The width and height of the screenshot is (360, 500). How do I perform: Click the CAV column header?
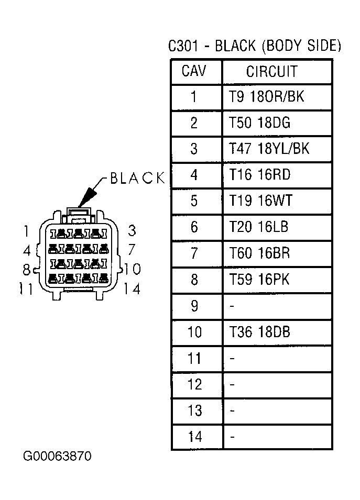coord(194,71)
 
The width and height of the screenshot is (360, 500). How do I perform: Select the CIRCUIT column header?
coord(271,71)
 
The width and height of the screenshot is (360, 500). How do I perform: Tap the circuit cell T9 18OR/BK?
coord(267,97)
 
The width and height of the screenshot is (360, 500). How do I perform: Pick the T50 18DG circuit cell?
coord(259,123)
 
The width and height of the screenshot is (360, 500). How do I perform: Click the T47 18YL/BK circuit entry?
coord(269,149)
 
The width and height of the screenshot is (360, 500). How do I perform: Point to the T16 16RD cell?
coord(260,175)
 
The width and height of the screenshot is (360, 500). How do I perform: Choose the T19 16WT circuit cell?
coord(260,201)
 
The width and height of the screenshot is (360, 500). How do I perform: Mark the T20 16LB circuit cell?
coord(258,227)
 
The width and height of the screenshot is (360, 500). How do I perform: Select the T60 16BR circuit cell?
coord(259,253)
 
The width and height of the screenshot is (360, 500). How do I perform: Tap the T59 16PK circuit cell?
coord(259,280)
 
